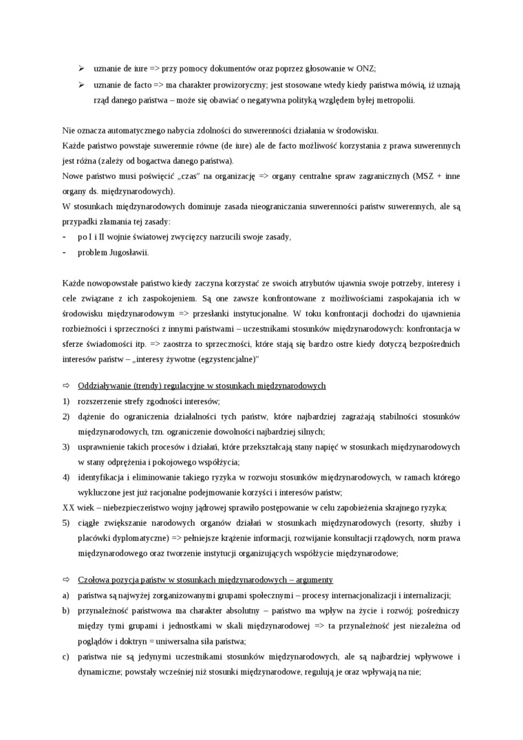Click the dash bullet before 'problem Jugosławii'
pyautogui.click(x=64, y=251)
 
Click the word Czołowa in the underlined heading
pyautogui.click(x=94, y=580)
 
